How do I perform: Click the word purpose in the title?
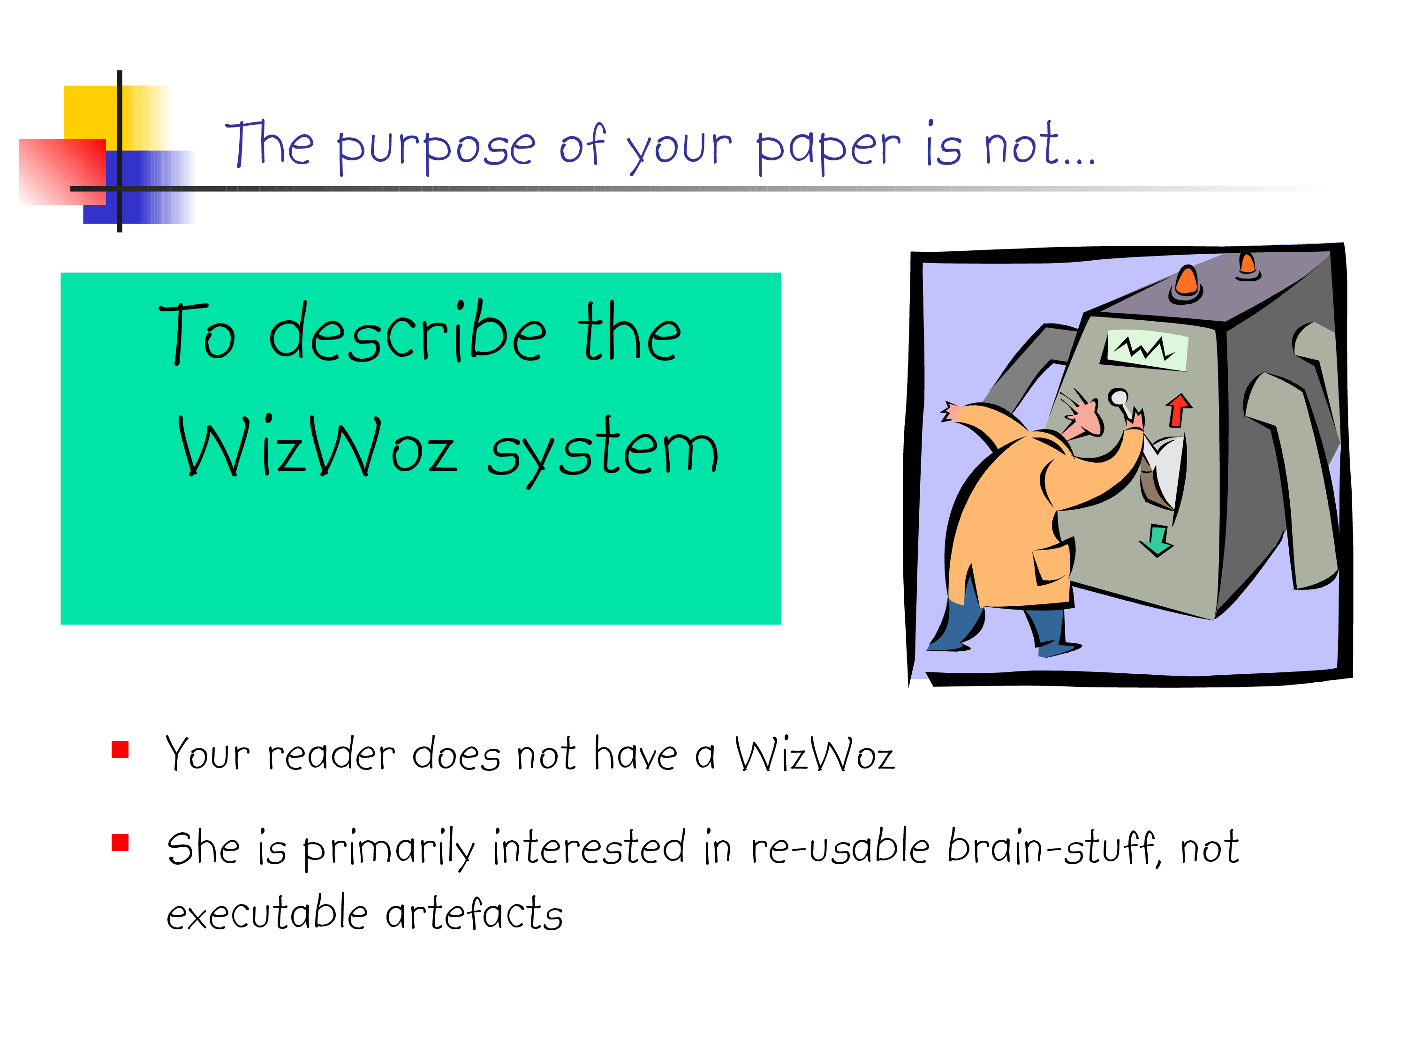coord(436,148)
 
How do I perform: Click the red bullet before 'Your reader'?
coord(120,749)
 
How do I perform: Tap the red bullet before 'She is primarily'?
coord(120,843)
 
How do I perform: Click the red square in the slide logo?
coord(62,172)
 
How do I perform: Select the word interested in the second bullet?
coord(590,847)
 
